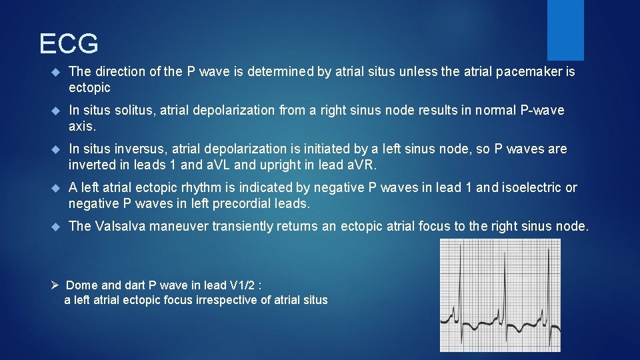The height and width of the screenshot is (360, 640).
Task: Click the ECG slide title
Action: (69, 44)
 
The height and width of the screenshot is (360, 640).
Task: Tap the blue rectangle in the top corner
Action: (565, 30)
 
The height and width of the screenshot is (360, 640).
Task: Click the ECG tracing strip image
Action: (499, 295)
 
